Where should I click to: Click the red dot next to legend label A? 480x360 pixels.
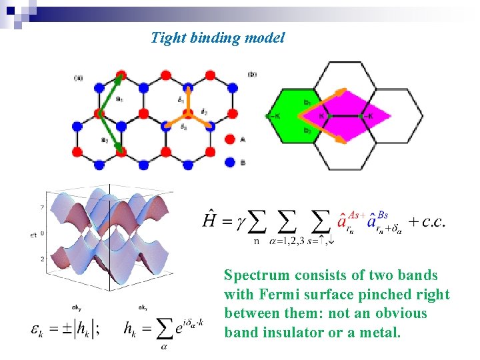point(230,139)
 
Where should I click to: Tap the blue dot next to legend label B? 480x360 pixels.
point(230,161)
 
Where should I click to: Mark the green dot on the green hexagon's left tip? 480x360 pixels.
point(269,117)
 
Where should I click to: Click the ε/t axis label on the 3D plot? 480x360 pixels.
point(33,234)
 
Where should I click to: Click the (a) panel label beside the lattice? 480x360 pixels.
point(79,78)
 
